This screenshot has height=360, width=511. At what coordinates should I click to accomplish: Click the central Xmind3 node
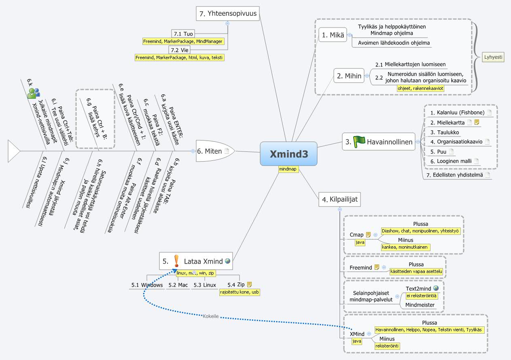pos(288,153)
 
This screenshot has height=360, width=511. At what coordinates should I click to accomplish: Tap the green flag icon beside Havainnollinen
pos(359,141)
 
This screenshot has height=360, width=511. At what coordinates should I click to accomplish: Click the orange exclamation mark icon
pos(176,261)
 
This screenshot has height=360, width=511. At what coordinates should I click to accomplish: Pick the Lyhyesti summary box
pos(493,58)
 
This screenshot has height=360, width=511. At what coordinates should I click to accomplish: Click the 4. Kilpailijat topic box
pos(339,199)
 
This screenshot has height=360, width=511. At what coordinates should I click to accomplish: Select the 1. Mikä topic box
pos(333,35)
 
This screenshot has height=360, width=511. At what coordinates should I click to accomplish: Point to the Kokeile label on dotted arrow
pos(211,316)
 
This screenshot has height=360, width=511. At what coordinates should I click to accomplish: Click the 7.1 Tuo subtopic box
pos(182,34)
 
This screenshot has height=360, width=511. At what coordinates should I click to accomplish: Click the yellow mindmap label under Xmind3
pos(288,169)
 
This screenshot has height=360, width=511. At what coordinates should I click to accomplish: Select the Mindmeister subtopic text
pos(420,305)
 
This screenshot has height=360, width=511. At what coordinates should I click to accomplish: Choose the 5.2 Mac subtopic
pos(178,285)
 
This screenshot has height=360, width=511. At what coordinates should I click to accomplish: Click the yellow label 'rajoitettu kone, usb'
pos(239,292)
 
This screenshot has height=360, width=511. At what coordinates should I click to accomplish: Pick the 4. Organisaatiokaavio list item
pos(457,142)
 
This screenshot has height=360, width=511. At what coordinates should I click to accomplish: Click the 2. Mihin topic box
pos(348,75)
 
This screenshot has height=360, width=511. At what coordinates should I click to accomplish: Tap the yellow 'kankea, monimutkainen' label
pos(405,247)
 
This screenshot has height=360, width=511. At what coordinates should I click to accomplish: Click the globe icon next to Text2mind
pos(436,288)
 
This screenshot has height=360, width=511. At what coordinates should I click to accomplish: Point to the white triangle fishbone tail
pos(13,151)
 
